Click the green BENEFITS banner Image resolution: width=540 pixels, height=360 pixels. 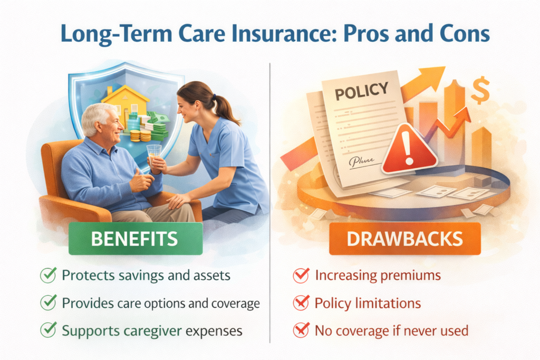pos(135,239)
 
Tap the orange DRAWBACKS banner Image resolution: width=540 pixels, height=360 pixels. pos(405,239)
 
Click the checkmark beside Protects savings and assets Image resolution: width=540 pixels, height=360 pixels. pos(49,275)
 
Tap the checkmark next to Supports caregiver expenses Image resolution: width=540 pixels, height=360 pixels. pos(49,331)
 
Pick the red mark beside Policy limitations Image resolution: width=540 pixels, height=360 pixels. pos(301,303)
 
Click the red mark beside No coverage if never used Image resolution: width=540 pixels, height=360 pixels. pos(301,331)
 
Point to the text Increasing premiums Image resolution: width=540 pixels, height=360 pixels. pos(378,275)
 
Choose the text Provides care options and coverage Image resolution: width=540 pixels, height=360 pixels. pos(161,303)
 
